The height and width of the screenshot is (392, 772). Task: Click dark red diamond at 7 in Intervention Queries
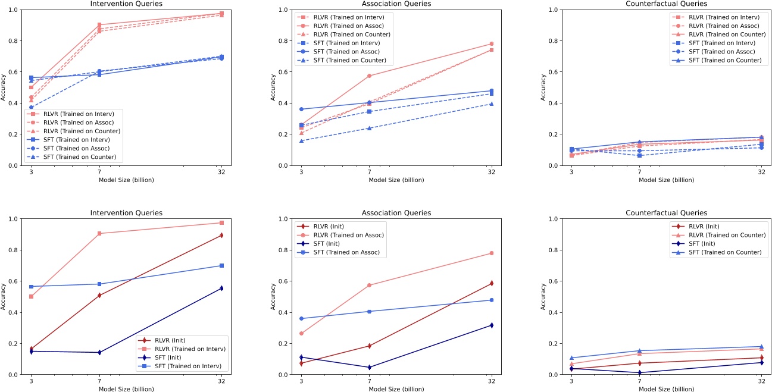[99, 295]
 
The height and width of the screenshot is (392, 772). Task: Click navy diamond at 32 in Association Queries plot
[492, 325]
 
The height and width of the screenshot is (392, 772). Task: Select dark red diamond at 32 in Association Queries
[492, 283]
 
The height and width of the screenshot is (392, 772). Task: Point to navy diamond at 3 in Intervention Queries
[31, 351]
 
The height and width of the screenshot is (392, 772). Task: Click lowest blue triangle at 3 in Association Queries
[301, 140]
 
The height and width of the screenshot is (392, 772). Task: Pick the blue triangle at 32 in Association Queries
[492, 104]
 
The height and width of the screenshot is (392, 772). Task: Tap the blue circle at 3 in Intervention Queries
[31, 107]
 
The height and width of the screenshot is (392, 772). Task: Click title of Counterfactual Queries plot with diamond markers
[666, 212]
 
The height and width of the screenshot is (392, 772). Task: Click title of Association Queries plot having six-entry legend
[396, 4]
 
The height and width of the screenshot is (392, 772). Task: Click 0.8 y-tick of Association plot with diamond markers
[288, 250]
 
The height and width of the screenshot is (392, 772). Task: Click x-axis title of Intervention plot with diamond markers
[126, 389]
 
